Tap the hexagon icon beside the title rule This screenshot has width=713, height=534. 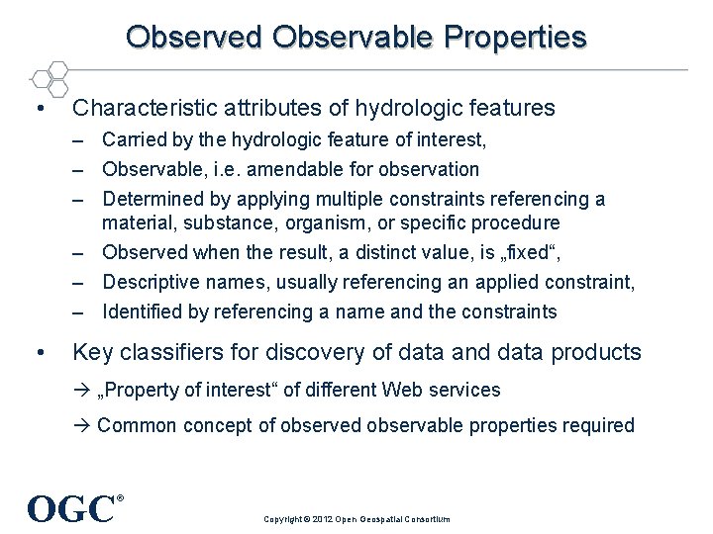click(x=49, y=78)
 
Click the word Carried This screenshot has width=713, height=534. click(x=134, y=140)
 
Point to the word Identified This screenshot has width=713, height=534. click(x=143, y=311)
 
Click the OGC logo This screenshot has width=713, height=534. click(x=73, y=508)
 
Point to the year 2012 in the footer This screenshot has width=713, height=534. click(x=324, y=519)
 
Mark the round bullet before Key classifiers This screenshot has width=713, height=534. click(x=37, y=352)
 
